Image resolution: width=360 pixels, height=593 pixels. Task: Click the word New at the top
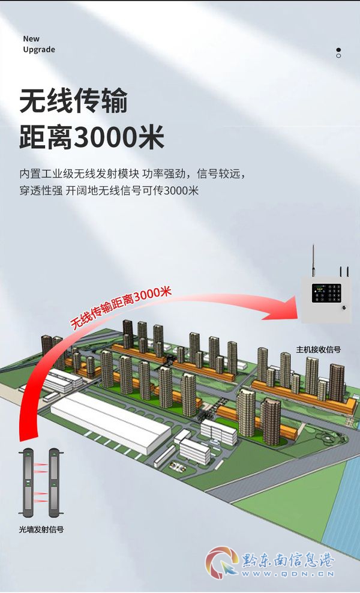31,38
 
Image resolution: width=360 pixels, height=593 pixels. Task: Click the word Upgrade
39,50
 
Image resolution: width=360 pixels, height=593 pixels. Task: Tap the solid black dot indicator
338,50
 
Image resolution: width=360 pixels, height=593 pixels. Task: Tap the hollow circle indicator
338,56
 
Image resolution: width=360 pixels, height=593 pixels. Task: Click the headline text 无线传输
73,101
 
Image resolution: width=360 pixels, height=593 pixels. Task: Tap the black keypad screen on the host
326,293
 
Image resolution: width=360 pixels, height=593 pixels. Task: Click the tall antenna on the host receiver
313,261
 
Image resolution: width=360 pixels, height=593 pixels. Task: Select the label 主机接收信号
319,349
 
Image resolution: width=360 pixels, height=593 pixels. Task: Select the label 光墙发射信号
41,529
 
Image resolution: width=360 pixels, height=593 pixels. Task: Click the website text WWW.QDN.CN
288,574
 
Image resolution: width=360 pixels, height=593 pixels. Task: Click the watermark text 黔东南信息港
288,559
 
